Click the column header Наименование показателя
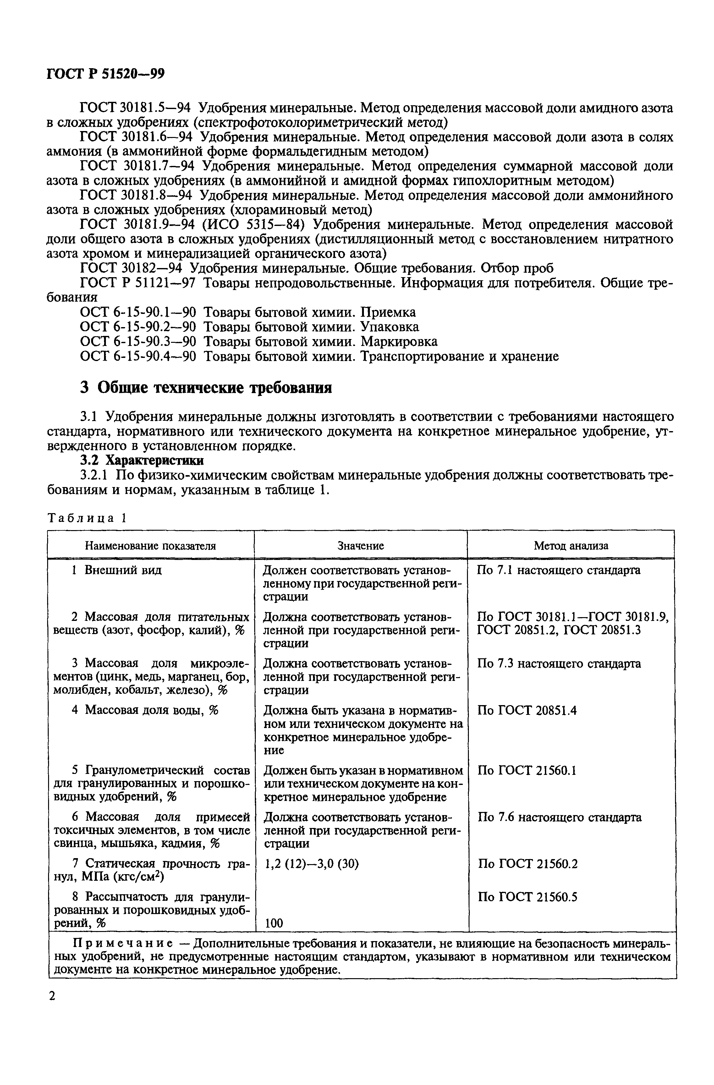[x=151, y=545]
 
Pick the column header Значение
[x=361, y=545]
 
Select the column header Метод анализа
[x=571, y=545]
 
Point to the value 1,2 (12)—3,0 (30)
[x=311, y=863]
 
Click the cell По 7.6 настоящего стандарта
[x=559, y=817]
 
